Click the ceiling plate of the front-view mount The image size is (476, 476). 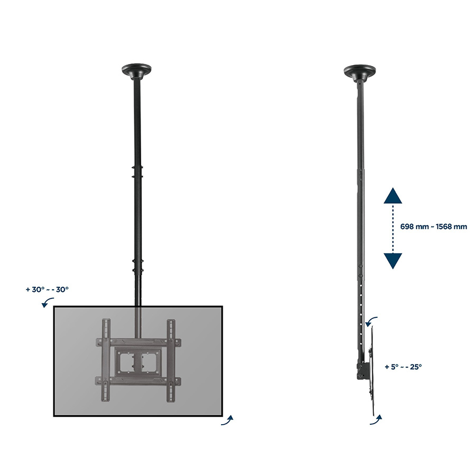tap(136, 70)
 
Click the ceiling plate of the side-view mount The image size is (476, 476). tap(360, 72)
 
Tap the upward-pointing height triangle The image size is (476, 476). tap(393, 196)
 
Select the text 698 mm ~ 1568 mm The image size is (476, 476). tap(434, 226)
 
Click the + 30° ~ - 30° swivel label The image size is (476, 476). tap(47, 289)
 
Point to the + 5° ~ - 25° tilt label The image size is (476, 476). tap(403, 367)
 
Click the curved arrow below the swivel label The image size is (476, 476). tap(47, 302)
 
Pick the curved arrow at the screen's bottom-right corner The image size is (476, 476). tap(227, 421)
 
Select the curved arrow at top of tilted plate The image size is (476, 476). tap(371, 321)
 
